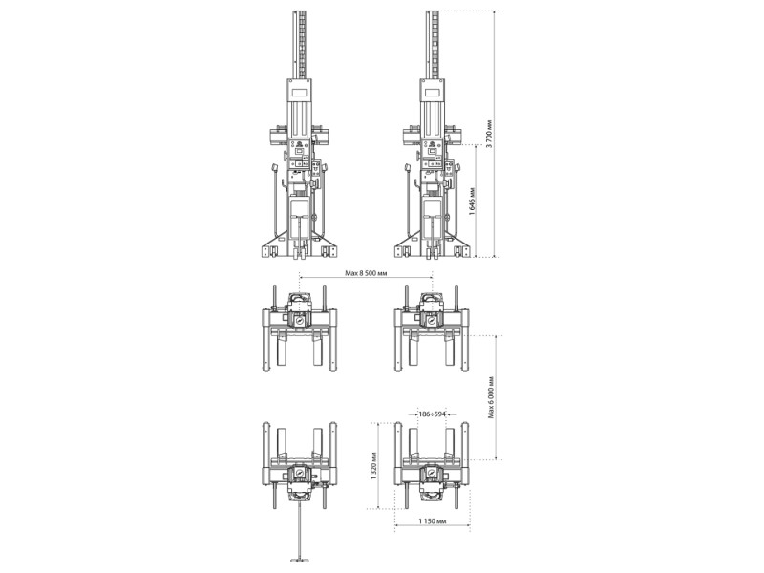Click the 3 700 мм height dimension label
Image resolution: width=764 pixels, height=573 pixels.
coord(490,134)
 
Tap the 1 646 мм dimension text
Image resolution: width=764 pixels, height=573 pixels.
coord(472,201)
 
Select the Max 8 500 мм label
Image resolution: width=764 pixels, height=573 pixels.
coord(366,273)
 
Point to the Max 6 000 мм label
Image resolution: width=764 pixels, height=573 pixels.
coord(491,396)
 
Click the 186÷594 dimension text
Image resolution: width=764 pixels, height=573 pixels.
coord(433,414)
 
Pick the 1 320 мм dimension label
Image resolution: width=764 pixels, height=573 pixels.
coord(373,466)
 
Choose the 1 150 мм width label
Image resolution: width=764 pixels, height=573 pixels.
coord(433,520)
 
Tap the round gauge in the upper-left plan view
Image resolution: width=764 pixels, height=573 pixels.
coord(299,322)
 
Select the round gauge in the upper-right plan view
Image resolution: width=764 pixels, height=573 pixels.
coord(431,322)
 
